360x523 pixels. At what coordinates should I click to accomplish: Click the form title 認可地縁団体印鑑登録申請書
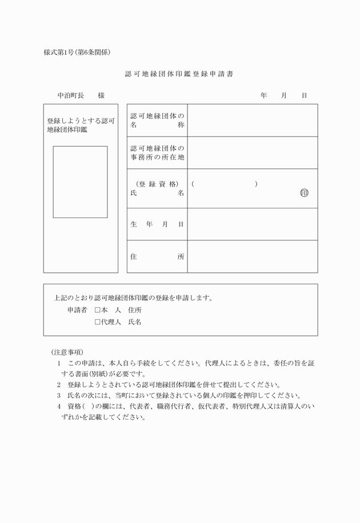point(179,74)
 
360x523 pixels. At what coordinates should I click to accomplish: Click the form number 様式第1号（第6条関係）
point(77,53)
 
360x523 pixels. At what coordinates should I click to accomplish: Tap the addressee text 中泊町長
point(71,95)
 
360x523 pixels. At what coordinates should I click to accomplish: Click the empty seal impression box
point(80,182)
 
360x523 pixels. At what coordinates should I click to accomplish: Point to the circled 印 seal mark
point(304,193)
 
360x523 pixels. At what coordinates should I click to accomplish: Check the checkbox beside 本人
point(98,310)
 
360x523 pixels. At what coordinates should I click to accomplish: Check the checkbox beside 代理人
point(98,322)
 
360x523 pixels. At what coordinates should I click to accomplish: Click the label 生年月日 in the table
point(157,224)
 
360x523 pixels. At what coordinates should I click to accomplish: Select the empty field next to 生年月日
point(252,224)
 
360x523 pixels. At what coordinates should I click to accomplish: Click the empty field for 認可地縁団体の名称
point(252,120)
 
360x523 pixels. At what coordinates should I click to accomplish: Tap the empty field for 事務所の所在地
point(252,152)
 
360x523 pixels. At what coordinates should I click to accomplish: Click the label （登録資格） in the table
point(157,184)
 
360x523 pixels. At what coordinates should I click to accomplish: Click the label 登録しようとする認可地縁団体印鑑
point(81,126)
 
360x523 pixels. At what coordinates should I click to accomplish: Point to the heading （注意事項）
point(67,352)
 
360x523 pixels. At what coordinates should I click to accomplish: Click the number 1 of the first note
point(59,363)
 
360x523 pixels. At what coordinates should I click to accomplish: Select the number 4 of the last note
point(59,407)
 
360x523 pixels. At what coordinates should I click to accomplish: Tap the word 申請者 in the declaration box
point(77,310)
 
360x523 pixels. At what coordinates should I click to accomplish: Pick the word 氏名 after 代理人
point(135,322)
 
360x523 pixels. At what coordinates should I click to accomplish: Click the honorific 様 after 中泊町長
point(101,95)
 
